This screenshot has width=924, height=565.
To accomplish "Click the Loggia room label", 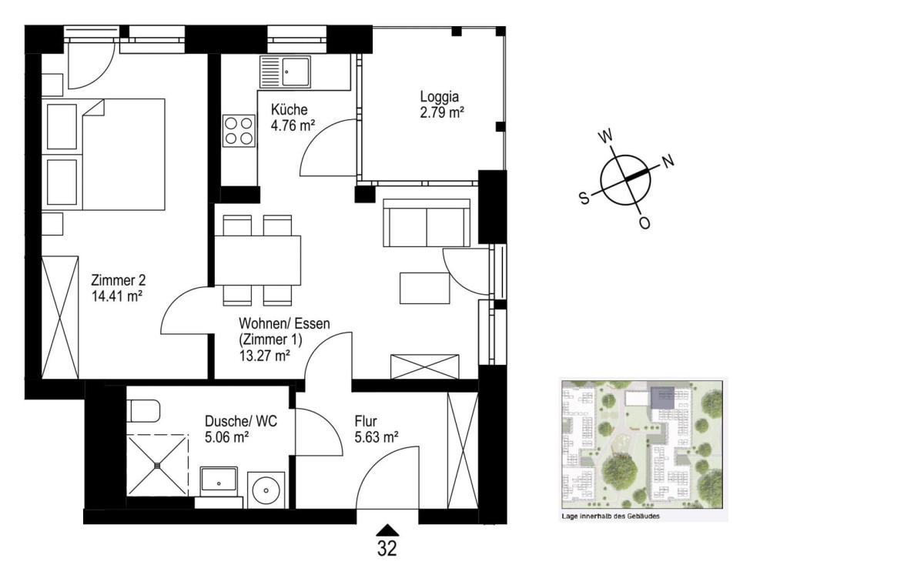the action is coord(440,97).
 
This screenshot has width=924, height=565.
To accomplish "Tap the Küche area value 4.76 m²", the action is coord(293,125).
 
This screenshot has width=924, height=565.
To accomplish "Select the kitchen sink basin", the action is coord(295,72).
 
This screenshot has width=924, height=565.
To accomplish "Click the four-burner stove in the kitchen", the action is coord(239,131).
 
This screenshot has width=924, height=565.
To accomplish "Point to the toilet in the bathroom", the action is coord(143,411).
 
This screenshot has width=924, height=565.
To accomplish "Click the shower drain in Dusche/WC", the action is coord(157,466).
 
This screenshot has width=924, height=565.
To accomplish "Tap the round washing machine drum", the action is coord(266,490).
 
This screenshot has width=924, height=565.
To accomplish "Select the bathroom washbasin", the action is coord(219,482).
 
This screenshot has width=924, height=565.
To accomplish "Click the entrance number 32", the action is coord(387,549).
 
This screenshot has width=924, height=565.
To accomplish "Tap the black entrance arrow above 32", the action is coord(387,530).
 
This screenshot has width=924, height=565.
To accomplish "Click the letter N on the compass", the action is coord(668,160).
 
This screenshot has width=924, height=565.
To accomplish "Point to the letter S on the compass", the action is coord(584,198).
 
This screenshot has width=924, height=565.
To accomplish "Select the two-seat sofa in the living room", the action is coord(427,223).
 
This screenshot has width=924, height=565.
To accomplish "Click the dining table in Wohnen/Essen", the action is coord(258,260).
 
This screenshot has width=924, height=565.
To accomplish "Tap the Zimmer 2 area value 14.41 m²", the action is coord(117,296).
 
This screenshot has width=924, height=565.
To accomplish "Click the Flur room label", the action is coord(366,422).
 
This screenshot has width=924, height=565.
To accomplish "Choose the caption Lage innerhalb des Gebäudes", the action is coord(611,516).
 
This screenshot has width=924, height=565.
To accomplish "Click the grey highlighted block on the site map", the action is coord(662,398).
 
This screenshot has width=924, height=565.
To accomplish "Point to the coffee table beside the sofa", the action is coord(424,288).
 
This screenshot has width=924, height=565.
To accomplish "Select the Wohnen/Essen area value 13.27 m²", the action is coord(264,356).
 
